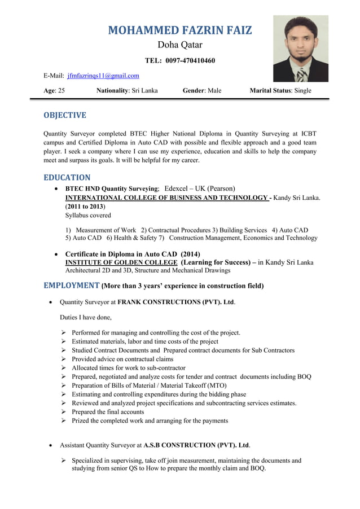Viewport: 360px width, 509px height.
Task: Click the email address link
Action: coord(103,76)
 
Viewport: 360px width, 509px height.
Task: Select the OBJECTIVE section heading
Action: coord(65,115)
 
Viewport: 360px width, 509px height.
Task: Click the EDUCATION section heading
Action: coord(67,177)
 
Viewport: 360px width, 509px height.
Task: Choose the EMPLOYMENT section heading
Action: coord(72,285)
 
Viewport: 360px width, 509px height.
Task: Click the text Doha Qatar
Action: coord(179,45)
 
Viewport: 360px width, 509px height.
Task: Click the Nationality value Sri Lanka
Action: coord(144,90)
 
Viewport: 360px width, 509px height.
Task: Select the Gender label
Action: coord(194,90)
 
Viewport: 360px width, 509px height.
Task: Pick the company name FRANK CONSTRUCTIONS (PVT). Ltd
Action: coord(175,302)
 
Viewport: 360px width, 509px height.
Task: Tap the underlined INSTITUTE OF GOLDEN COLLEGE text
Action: coord(122,263)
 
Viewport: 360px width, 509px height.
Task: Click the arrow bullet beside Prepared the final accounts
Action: coord(64,412)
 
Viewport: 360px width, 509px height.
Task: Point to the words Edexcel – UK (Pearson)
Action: coord(200,188)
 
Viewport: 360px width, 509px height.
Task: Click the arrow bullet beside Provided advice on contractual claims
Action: coord(64,359)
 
